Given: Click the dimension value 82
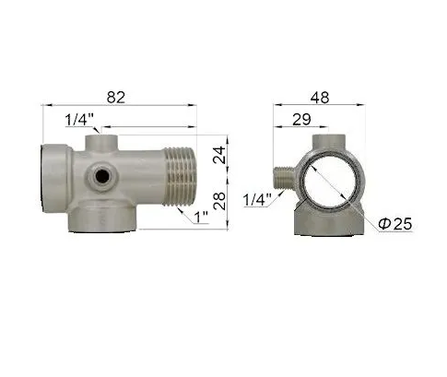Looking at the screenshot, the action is coord(116,98).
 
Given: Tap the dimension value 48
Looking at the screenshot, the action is coord(320,98).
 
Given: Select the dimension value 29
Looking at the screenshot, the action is coord(301,119).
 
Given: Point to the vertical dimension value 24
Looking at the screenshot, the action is coord(219,155).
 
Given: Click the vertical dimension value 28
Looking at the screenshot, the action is coord(219,201).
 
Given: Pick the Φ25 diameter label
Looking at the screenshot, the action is coord(395,224).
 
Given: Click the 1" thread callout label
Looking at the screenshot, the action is coord(202,218).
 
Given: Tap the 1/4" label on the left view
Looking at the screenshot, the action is coord(79,120).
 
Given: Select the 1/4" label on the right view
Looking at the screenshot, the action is coord(257,200).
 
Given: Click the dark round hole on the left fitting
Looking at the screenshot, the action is coord(101,177).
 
